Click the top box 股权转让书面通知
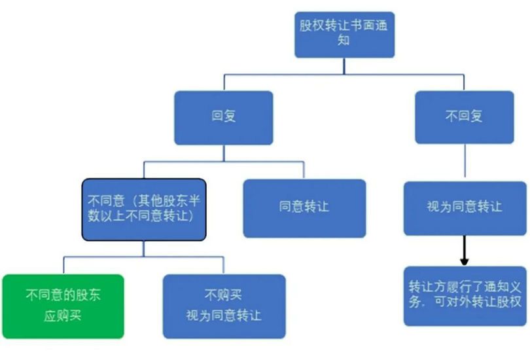click(x=344, y=33)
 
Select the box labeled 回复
click(x=224, y=117)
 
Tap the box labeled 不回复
click(x=464, y=117)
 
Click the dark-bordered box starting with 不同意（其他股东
click(x=143, y=208)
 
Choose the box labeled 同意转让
click(x=304, y=207)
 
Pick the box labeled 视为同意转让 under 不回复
click(x=464, y=207)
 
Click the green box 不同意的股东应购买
click(x=63, y=306)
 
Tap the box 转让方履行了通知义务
click(x=464, y=295)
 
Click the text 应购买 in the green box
click(x=63, y=316)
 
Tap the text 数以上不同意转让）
click(x=143, y=216)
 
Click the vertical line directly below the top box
click(x=344, y=65)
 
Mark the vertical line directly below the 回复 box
click(x=224, y=152)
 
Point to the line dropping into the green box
click(x=63, y=265)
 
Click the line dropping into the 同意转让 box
click(x=304, y=170)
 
